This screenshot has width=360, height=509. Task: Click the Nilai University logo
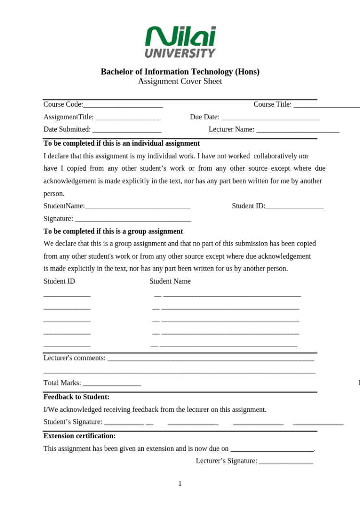pos(180,42)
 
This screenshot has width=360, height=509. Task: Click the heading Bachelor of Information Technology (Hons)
pos(180,72)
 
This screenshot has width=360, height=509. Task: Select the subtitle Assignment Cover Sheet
pos(180,81)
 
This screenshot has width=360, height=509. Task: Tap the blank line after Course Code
pos(123,105)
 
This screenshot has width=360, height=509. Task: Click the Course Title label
pos(273,104)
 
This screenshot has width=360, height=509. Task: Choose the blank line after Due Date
pos(270,117)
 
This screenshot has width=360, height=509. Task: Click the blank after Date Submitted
pos(127,130)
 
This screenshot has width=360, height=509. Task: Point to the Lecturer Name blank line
pos(298,130)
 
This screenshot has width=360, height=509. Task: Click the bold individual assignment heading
pos(122,143)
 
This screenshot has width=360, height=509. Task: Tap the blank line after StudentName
pos(137,207)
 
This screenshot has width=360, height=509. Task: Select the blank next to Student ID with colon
pos(294,207)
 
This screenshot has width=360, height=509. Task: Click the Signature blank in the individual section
pos(133,219)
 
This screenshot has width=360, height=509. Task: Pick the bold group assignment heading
pos(113,231)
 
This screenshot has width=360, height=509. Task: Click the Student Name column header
pos(170,281)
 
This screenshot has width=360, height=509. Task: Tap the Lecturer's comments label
pos(74,358)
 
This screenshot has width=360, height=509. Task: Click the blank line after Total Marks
pos(112,384)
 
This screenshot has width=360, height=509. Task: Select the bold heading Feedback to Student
pos(76,397)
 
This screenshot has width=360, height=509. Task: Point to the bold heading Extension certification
pos(79,436)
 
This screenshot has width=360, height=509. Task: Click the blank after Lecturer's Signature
pos(286,461)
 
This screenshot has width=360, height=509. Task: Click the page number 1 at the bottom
pos(180,484)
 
